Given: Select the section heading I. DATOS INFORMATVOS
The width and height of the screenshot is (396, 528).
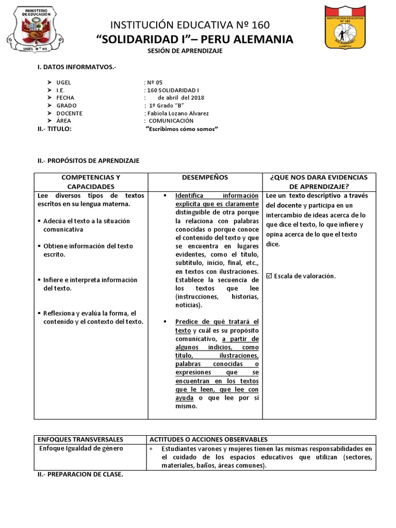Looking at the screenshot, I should (77, 68).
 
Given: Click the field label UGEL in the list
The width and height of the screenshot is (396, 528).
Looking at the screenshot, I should (64, 82).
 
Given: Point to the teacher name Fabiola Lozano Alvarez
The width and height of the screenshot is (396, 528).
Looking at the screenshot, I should (178, 113).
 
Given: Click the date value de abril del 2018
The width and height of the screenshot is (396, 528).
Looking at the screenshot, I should (181, 97).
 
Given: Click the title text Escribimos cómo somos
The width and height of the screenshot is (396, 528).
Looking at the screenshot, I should (182, 128).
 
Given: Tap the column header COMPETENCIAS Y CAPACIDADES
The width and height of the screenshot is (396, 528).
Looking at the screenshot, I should (91, 181).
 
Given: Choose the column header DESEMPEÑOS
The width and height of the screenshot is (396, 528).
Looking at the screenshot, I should (205, 177).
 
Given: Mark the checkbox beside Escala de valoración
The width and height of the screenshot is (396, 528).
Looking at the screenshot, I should (269, 276).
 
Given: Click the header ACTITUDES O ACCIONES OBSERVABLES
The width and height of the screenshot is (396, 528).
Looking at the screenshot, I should (208, 439).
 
